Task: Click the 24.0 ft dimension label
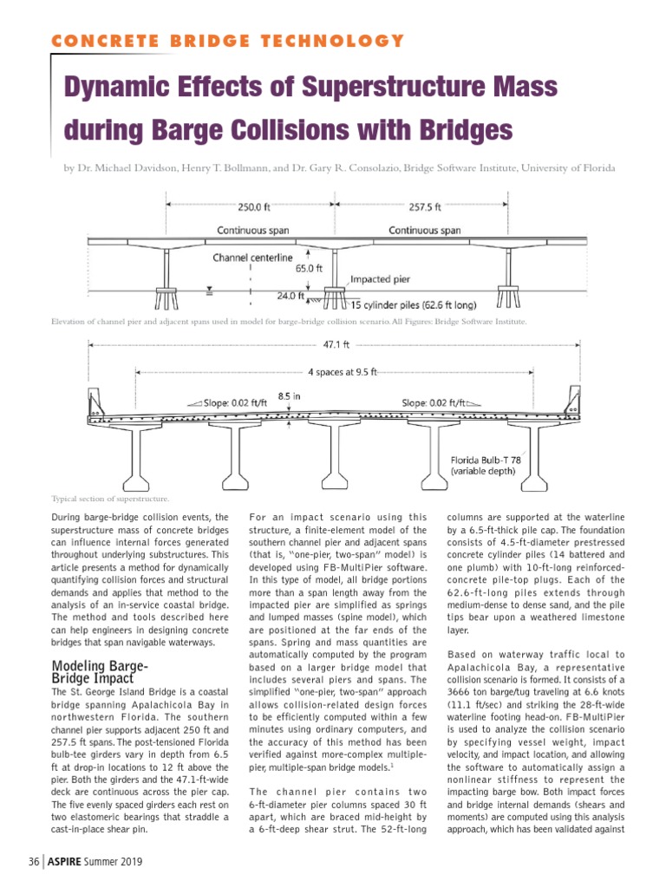pyautogui.click(x=291, y=295)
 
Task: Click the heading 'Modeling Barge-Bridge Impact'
pyautogui.click(x=101, y=672)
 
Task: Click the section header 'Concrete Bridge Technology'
pyautogui.click(x=227, y=41)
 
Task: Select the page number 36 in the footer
pyautogui.click(x=34, y=862)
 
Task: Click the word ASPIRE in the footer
pyautogui.click(x=68, y=862)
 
